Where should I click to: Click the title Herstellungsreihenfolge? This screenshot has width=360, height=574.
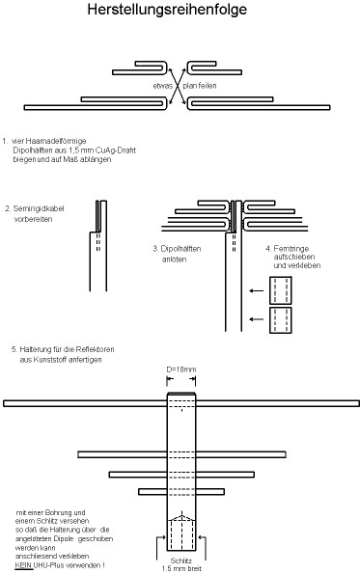pyautogui.click(x=180, y=13)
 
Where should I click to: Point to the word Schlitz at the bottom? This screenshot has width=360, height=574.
pyautogui.click(x=180, y=559)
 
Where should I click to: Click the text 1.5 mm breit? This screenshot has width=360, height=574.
pyautogui.click(x=180, y=568)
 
